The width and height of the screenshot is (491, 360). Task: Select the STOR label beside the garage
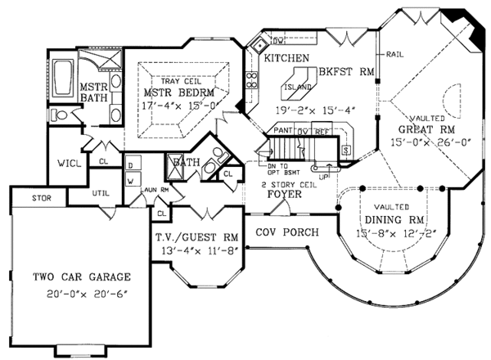click(x=31, y=198)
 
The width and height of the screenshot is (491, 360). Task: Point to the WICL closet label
click(x=67, y=163)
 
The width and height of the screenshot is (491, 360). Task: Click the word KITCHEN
click(x=286, y=58)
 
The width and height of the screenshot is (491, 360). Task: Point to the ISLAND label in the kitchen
click(x=296, y=83)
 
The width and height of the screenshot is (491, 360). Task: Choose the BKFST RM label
click(x=348, y=72)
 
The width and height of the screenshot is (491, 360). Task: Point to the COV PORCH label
click(x=282, y=232)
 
